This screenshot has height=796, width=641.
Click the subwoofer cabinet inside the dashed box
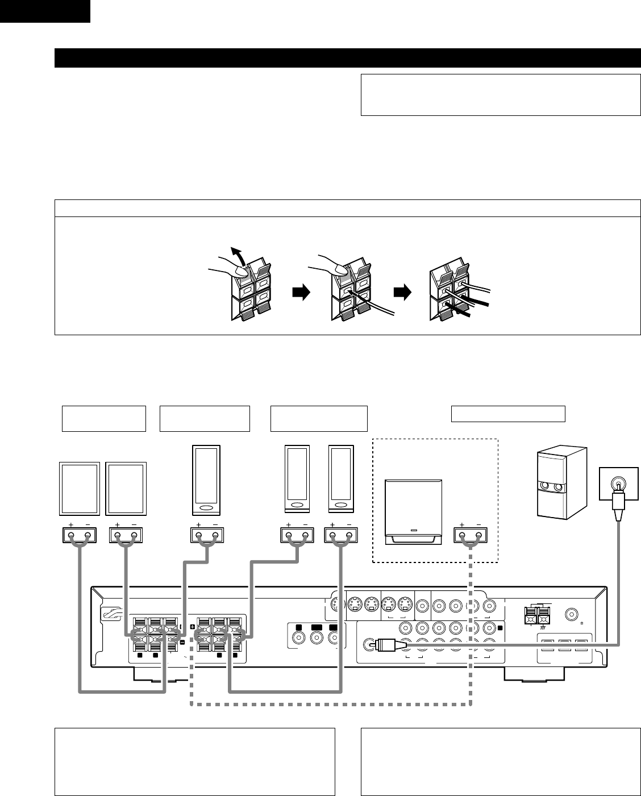tap(412, 510)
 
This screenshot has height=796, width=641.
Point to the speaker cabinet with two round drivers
tap(561, 484)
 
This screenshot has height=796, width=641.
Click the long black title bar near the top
tap(347, 58)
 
